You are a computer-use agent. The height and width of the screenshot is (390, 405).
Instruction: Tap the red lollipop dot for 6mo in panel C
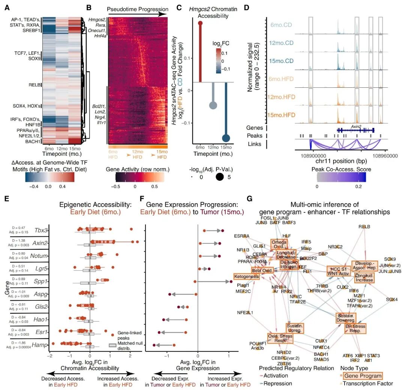point(200,24)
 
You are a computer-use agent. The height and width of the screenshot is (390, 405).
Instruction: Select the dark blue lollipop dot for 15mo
point(226,138)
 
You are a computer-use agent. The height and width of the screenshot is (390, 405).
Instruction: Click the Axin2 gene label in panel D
point(355,126)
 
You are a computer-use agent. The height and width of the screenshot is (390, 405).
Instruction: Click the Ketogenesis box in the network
point(246,277)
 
